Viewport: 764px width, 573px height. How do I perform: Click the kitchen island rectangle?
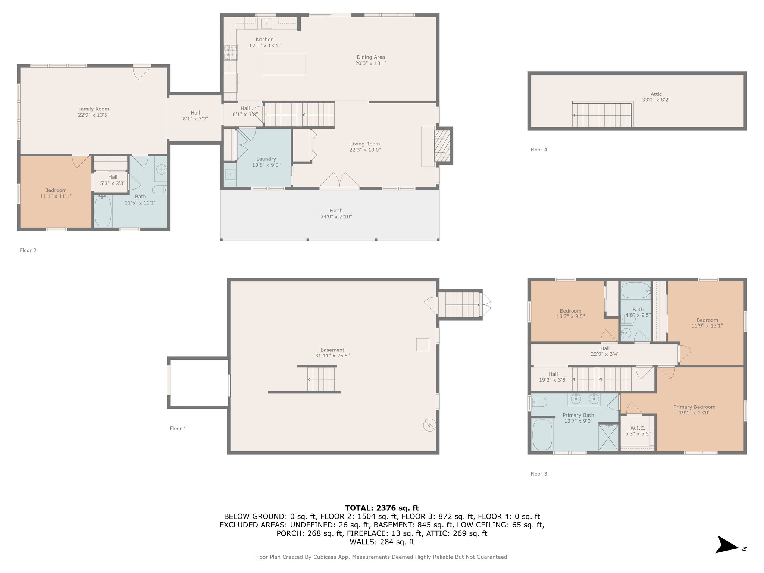284,65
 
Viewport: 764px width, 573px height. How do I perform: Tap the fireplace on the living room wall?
442,145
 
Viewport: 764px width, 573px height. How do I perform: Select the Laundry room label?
266,159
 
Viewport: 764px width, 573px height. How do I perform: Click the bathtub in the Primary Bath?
542,435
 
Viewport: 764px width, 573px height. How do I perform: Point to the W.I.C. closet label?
638,428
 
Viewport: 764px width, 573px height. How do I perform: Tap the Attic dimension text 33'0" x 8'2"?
656,100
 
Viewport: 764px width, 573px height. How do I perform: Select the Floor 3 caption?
539,474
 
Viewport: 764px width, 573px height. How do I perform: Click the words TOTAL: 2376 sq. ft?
382,508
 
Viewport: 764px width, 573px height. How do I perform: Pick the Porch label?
336,210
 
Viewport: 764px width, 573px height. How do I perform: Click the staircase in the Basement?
322,379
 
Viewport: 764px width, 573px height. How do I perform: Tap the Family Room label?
94,109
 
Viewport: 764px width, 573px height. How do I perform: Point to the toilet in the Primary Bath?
539,402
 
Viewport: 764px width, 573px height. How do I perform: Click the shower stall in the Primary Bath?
608,437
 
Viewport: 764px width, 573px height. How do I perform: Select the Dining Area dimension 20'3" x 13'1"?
370,63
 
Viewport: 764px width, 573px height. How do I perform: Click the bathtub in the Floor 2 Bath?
103,211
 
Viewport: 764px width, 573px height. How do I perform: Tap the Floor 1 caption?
178,428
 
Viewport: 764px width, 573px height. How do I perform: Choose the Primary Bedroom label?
694,407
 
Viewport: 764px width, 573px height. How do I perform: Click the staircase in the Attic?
602,115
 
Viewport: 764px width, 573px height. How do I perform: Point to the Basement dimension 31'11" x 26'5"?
332,356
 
